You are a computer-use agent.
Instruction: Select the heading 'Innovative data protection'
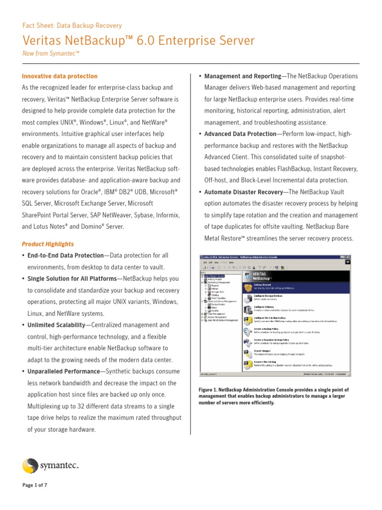(x=60, y=76)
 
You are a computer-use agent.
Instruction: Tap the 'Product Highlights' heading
(x=48, y=244)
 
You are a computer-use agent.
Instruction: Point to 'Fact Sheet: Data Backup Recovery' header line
(x=72, y=25)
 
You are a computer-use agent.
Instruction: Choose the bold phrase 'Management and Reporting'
(x=242, y=76)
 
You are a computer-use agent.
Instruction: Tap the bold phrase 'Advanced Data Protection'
(x=240, y=134)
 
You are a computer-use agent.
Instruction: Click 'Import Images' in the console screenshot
(x=262, y=350)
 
